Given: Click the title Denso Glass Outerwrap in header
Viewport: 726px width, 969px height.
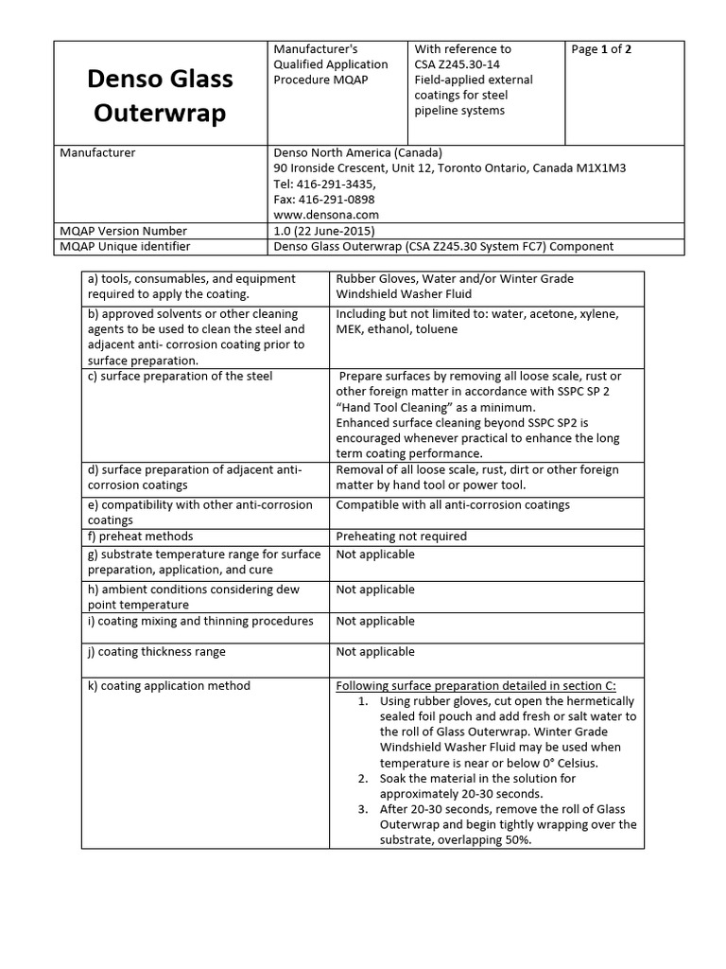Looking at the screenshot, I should click(x=161, y=96).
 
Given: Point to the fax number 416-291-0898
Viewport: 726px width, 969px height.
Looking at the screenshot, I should click(x=336, y=200).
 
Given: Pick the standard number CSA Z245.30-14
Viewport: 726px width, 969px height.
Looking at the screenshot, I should click(x=461, y=64).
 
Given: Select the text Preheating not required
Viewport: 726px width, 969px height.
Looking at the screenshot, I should click(x=401, y=536).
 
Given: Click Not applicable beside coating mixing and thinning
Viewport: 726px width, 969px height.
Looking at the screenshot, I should click(x=374, y=621).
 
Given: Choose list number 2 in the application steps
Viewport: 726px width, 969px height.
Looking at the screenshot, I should click(x=363, y=778).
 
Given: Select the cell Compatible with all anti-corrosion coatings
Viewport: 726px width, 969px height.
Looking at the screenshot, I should click(x=453, y=504).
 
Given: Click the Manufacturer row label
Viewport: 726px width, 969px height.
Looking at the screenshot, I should click(x=97, y=152).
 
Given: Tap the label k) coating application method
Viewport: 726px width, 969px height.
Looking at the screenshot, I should click(x=168, y=685).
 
